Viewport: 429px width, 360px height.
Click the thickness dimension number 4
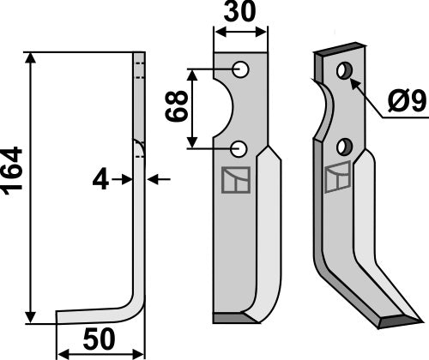point(101,180)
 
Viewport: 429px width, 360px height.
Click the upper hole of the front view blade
point(242,69)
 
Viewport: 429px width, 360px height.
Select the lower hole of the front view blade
point(242,147)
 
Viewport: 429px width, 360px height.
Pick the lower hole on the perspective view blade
point(344,145)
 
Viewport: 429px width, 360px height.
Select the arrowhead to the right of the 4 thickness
point(154,180)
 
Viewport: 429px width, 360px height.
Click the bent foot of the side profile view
point(94,316)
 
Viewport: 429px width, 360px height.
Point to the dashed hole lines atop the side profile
point(139,69)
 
